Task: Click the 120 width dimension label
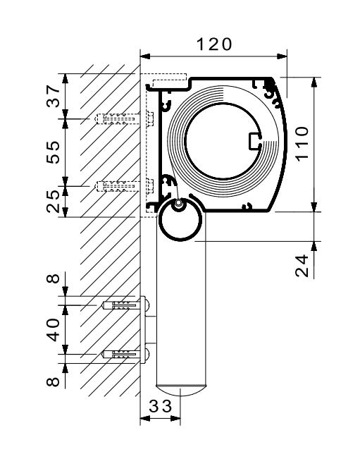[214, 44]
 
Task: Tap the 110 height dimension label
[302, 144]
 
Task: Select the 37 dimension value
[54, 96]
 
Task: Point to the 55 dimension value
[54, 152]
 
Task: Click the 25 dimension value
[54, 202]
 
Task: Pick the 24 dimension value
[302, 266]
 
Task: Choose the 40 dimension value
[54, 329]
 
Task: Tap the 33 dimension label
[161, 406]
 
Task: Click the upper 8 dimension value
[54, 278]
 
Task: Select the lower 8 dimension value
[54, 381]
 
